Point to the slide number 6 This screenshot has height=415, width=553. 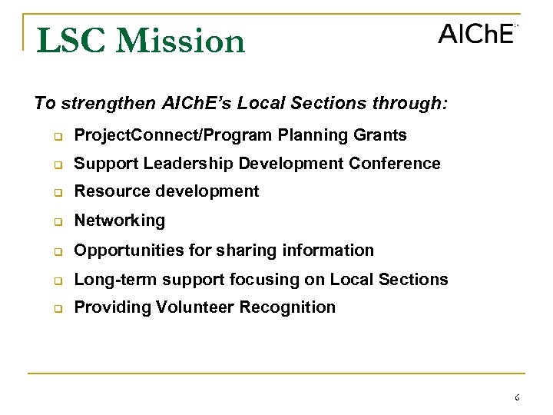[517, 397]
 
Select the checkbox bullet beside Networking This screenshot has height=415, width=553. [56, 222]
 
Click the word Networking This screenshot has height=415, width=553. [119, 221]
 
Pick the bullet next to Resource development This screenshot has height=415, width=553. [56, 193]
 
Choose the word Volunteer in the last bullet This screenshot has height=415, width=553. [195, 307]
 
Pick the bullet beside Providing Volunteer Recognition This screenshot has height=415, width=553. [56, 309]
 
